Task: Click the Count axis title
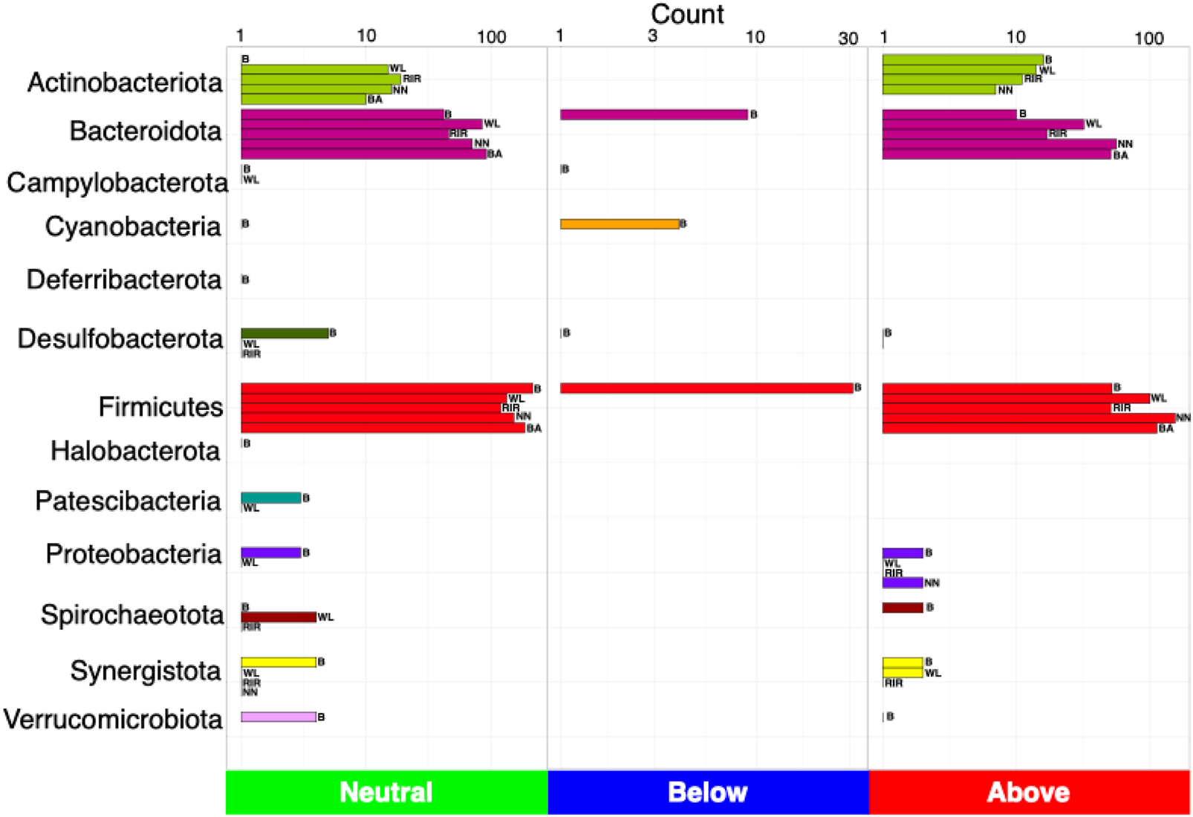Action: click(x=687, y=14)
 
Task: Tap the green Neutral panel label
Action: click(x=386, y=792)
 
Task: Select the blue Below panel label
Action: click(x=707, y=792)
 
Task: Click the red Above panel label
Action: click(x=1028, y=792)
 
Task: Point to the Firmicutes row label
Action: click(x=160, y=407)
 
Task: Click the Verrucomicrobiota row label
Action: click(x=113, y=719)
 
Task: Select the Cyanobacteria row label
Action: click(x=133, y=227)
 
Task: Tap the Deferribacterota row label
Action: click(x=124, y=280)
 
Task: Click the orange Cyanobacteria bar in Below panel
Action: click(x=620, y=224)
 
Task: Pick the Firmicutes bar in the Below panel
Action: click(x=706, y=388)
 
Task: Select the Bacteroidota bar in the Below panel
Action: click(x=654, y=114)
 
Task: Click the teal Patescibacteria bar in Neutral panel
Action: click(x=270, y=498)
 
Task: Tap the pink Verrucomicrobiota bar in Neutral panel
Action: click(x=278, y=717)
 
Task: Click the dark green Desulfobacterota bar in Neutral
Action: click(x=284, y=333)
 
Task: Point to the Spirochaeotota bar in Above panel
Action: click(x=902, y=608)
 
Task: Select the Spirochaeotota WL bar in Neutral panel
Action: click(x=278, y=617)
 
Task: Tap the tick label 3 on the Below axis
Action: click(x=652, y=36)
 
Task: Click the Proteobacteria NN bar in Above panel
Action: click(x=902, y=583)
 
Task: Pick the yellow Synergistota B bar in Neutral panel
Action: click(x=278, y=662)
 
